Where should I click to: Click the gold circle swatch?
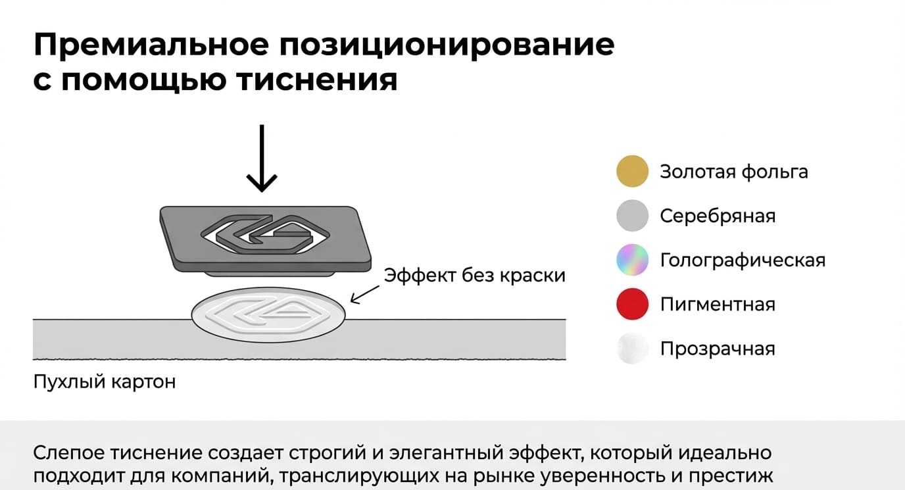(632, 171)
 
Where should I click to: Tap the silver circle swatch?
(632, 215)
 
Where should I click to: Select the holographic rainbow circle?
(632, 260)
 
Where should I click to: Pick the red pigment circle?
(632, 304)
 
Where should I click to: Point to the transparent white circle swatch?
(632, 348)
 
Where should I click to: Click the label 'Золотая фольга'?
(734, 172)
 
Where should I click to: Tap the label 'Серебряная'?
(718, 216)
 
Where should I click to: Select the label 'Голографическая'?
(743, 260)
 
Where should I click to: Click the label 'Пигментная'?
(718, 305)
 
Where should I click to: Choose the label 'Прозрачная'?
(718, 349)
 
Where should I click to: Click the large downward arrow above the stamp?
(262, 159)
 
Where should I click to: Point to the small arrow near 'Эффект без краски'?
(364, 295)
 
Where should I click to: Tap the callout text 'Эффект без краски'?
(474, 275)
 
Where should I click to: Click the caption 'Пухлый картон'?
(104, 381)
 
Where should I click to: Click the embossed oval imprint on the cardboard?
(268, 315)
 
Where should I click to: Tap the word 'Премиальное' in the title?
(151, 45)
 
